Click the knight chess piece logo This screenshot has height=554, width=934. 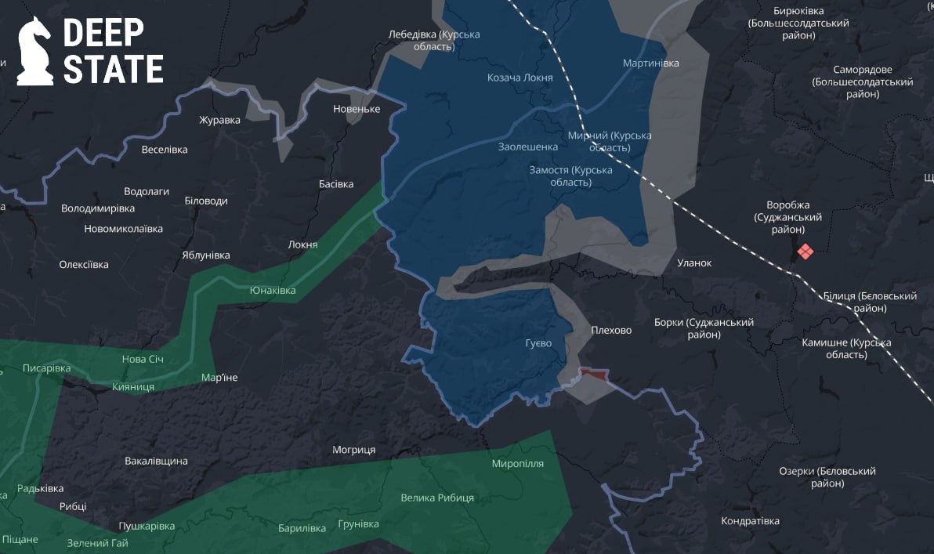coord(34,51)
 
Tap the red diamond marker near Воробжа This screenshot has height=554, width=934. coord(805,252)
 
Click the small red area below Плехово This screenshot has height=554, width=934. coord(593,375)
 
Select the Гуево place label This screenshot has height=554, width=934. coord(538,343)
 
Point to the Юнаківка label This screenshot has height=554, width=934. coord(273,291)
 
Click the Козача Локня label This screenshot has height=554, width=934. coord(519,78)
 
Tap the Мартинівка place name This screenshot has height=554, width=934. coord(650,63)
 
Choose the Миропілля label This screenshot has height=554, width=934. coord(517,463)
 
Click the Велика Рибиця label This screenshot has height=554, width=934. coord(436,498)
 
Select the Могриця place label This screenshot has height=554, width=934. coord(353,450)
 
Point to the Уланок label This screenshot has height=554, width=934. coord(694,263)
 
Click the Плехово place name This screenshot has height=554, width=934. coord(611,330)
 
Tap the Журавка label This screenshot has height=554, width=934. coord(219,120)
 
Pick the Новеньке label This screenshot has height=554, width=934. coord(357,109)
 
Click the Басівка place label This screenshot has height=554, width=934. coord(336,184)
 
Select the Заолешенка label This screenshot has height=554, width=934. coord(528,147)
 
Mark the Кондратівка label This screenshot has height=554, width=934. coord(750,521)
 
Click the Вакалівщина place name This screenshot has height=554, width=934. coord(156,461)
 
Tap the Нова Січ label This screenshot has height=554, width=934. coord(144,359)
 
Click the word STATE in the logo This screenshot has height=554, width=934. coord(113,69)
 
